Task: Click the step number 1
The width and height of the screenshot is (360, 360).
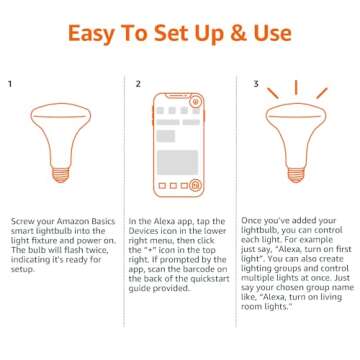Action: (10, 84)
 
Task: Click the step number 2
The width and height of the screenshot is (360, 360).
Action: (137, 84)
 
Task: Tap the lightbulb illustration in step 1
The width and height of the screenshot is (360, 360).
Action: (58, 143)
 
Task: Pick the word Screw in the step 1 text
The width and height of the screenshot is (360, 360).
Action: (21, 221)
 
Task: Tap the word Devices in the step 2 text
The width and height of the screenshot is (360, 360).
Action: (144, 229)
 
